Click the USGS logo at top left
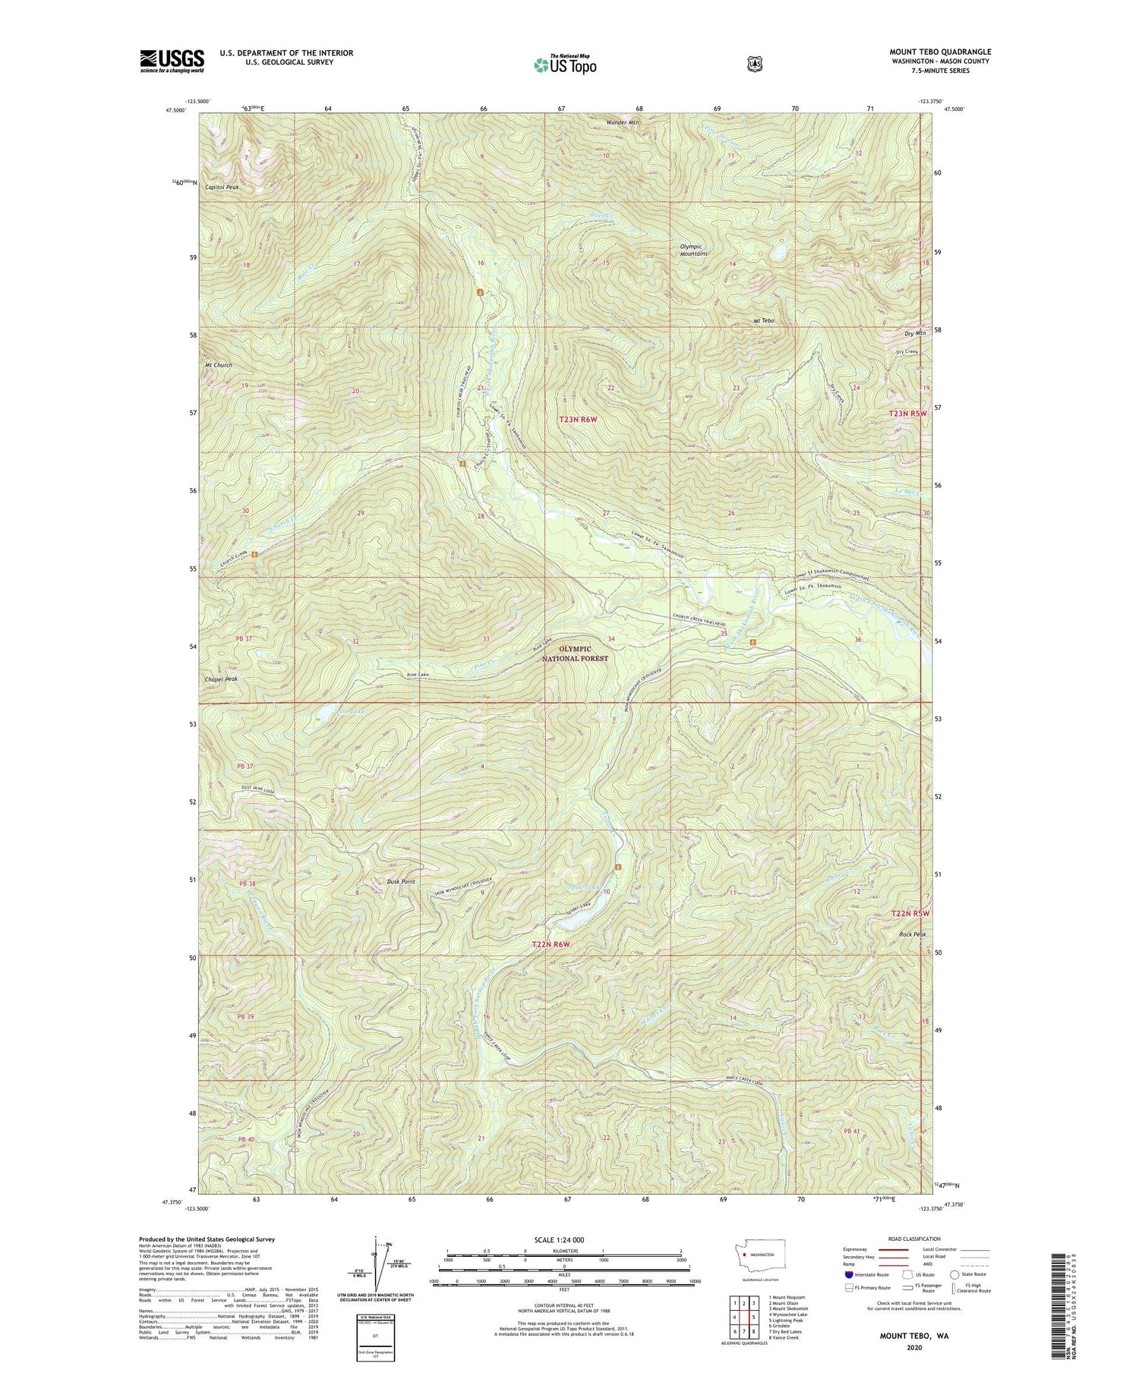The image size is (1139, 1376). click(x=172, y=61)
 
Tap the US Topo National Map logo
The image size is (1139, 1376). click(x=565, y=65)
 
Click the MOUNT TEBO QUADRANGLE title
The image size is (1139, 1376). click(x=940, y=52)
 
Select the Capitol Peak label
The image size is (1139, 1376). click(x=217, y=186)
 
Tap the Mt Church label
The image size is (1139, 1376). click(x=218, y=365)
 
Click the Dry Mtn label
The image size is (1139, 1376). click(x=915, y=333)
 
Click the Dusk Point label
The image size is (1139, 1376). click(x=401, y=881)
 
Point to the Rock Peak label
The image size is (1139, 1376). click(x=913, y=934)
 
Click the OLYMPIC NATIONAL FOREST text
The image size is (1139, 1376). click(x=584, y=653)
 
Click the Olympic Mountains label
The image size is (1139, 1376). click(x=694, y=250)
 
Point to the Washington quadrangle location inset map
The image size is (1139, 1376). click(x=759, y=1254)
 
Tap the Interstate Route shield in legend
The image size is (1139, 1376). click(x=848, y=1274)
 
